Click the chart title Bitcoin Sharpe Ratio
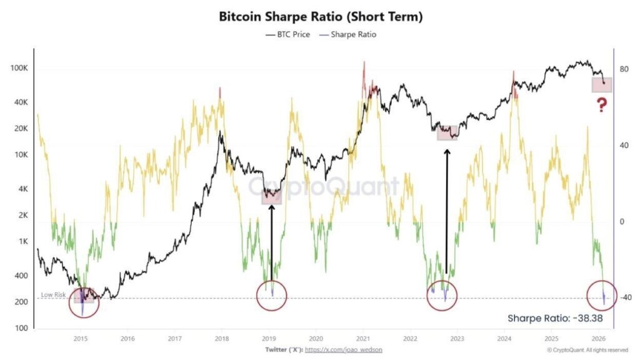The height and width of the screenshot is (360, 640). (x=321, y=17)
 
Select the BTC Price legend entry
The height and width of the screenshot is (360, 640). (x=288, y=34)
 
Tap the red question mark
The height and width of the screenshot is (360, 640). (x=602, y=105)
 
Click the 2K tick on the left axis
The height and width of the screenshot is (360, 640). (x=23, y=216)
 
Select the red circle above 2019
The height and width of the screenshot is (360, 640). (x=272, y=296)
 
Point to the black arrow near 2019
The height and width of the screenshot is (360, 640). (x=272, y=241)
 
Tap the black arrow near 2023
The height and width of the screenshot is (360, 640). (x=446, y=212)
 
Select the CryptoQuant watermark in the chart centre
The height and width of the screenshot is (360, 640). (x=324, y=186)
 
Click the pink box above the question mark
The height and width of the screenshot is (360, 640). (x=602, y=85)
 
